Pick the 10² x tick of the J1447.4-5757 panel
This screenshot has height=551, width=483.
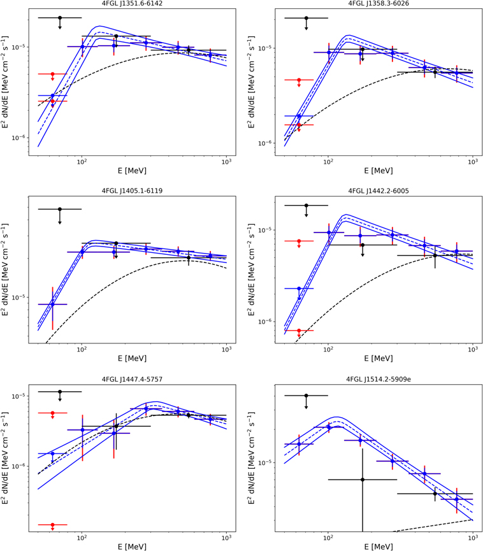(x=82, y=538)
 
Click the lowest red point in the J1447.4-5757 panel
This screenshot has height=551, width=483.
(x=53, y=525)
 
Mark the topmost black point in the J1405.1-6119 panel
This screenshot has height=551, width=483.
(x=60, y=209)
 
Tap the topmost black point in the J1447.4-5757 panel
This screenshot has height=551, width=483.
(x=60, y=392)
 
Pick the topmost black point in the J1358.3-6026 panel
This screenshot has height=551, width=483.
(x=306, y=18)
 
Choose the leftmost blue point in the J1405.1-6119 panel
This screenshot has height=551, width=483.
(x=53, y=304)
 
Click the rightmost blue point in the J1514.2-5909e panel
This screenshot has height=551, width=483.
(x=456, y=499)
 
